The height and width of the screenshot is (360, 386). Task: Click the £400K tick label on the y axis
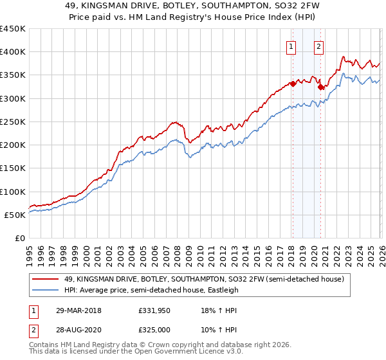[x=13, y=52]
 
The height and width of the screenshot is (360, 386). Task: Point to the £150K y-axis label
[x=13, y=168]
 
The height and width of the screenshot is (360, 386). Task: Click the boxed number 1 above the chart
[x=291, y=46]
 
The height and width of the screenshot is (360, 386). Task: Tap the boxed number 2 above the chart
[x=319, y=46]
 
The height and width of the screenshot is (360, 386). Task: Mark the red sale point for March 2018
[x=292, y=84]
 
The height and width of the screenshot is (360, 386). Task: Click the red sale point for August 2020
[x=320, y=87]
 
